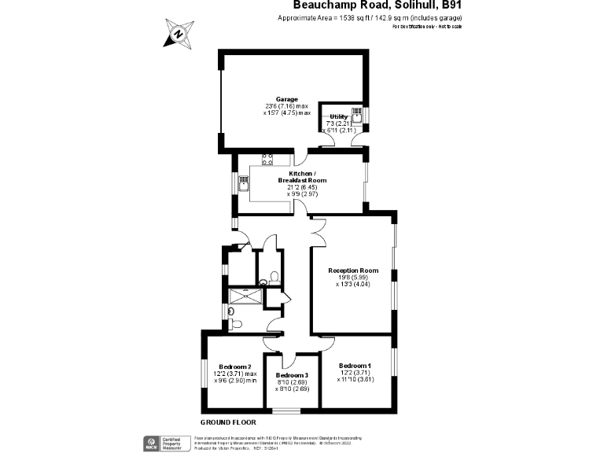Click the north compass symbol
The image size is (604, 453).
pos(179,34)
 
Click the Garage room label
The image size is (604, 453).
pos(286,100)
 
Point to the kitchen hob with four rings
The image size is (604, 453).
pos(267,157)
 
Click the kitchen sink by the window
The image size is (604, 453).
pos(245,186)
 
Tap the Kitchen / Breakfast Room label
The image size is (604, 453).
pos(302,177)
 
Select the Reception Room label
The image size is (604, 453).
pos(353,271)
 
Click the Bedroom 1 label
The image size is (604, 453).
pos(355,366)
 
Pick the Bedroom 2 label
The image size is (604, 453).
pos(235,367)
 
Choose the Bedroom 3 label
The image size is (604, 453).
pos(291,375)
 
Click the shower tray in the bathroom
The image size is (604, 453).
pos(245,296)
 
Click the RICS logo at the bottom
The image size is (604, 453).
pos(147,441)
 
